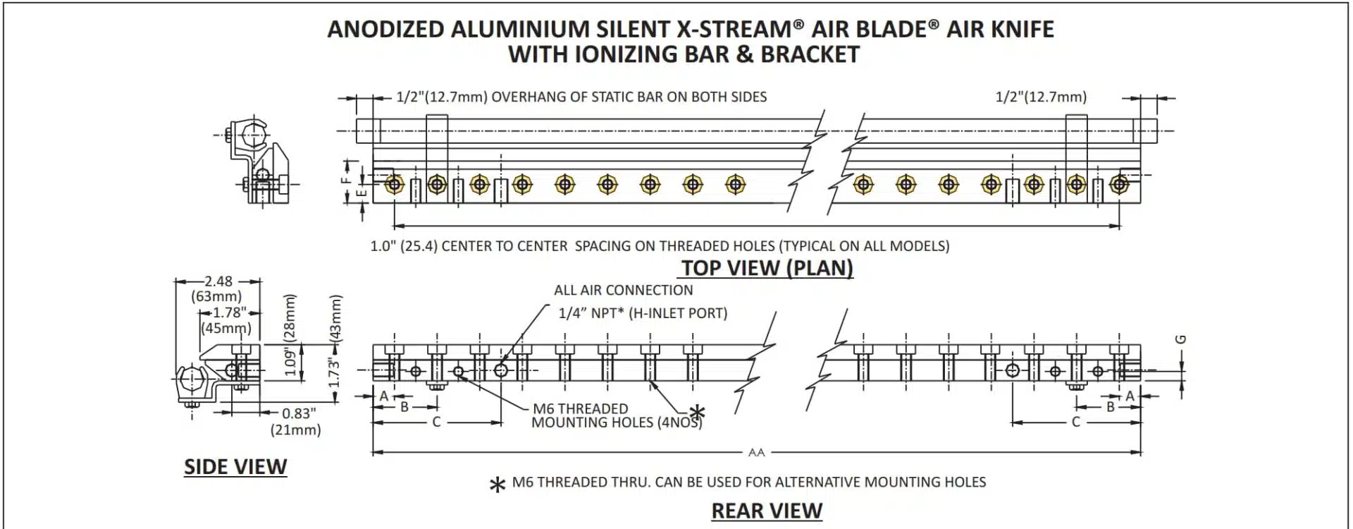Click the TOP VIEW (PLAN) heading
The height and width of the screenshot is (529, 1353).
click(767, 268)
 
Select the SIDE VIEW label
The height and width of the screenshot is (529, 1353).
click(235, 467)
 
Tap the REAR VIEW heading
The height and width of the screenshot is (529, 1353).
click(767, 511)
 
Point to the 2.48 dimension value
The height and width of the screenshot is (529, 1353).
click(218, 281)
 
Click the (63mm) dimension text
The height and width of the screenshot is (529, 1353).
click(216, 296)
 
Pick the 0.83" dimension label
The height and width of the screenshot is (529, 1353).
click(299, 413)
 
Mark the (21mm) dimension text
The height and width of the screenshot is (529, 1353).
click(295, 430)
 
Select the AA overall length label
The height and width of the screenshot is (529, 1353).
click(756, 452)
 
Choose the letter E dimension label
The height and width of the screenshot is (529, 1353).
click(361, 192)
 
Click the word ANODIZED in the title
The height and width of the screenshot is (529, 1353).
click(385, 30)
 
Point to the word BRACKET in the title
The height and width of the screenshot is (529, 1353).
click(810, 55)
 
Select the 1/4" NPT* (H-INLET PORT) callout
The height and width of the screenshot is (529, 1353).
click(643, 313)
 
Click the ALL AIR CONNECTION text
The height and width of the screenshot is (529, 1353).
click(624, 290)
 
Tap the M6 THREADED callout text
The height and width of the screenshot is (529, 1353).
click(580, 408)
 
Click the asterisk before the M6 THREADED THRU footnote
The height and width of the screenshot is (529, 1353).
click(498, 485)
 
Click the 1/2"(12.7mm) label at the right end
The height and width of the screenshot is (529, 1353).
click(1041, 97)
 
